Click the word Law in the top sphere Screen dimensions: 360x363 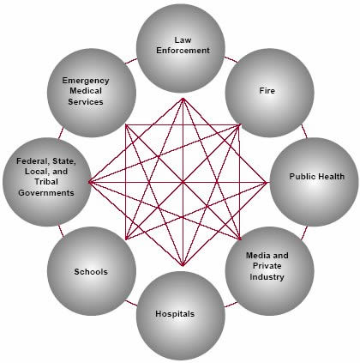183,39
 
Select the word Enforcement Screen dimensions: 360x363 183,51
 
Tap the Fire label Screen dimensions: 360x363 267,91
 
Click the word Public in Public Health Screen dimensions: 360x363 302,176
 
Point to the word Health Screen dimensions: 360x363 331,176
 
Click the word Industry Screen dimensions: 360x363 267,277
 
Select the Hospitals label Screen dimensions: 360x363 175,314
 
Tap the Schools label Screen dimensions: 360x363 91,271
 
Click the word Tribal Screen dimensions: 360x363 46,182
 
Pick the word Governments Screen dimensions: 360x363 46,192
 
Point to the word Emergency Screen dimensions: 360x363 86,81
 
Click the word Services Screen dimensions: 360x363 86,102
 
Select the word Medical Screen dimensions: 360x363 86,91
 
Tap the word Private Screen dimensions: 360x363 267,266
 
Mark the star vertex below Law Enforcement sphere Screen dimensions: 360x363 183,99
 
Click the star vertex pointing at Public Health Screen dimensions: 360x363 266,182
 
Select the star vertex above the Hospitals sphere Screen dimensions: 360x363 183,265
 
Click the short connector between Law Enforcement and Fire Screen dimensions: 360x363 231,59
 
